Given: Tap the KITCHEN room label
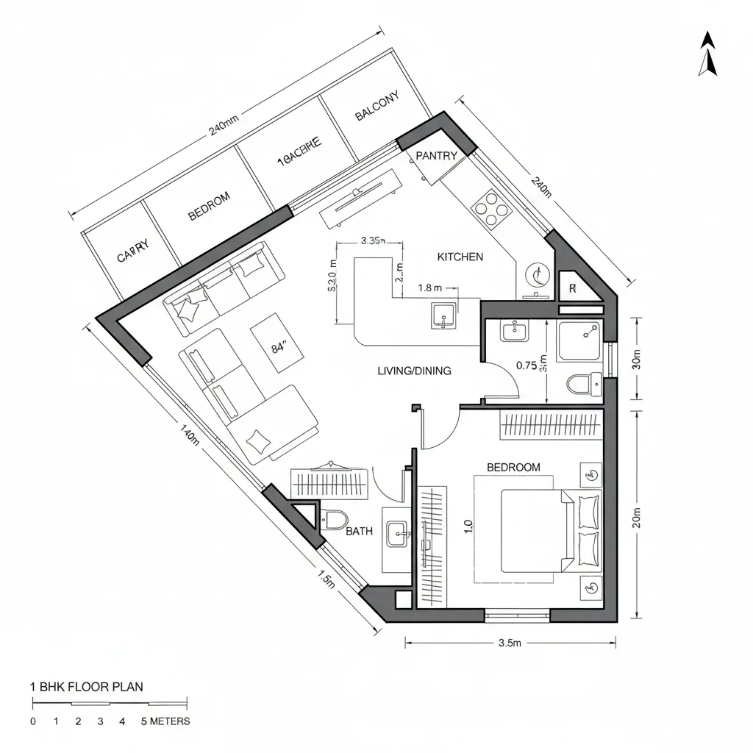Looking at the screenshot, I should tap(460, 257).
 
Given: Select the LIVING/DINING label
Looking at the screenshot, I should tap(414, 371).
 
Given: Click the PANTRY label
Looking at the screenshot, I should tap(436, 156).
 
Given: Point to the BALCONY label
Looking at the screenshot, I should tap(376, 106).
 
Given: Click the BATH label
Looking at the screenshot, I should tap(359, 531).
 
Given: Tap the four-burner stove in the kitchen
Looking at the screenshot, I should tap(492, 208).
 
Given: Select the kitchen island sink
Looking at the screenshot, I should tap(443, 314).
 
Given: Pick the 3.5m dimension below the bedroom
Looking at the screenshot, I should tap(509, 643).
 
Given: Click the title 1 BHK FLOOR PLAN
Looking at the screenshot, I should tap(87, 687).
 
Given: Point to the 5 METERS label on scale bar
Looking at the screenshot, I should tap(165, 721).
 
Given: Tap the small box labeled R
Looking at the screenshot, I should tap(573, 288).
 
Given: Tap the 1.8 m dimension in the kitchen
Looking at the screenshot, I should tap(429, 288).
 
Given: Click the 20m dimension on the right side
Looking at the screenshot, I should tap(637, 518).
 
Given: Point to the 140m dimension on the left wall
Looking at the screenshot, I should tap(189, 435).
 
